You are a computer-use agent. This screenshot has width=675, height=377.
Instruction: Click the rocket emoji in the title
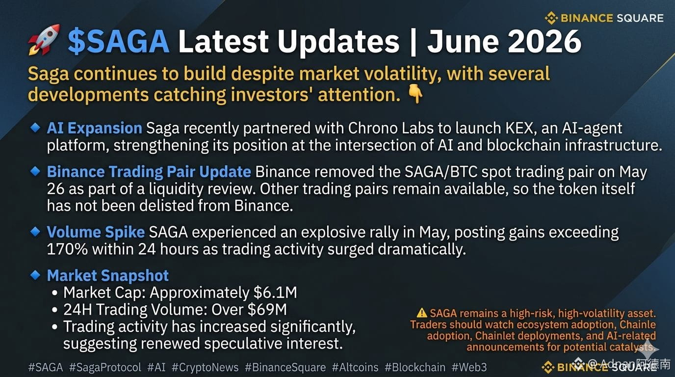click(44, 40)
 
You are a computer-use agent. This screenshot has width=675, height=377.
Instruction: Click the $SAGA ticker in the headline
click(118, 41)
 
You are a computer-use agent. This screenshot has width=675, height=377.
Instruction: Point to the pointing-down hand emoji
click(415, 94)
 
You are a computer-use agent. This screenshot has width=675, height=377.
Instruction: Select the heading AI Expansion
click(94, 128)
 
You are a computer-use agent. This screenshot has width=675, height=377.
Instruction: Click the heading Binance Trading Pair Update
click(149, 172)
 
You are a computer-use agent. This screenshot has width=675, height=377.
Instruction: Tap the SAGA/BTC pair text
click(441, 172)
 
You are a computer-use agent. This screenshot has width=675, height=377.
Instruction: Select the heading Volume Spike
click(96, 232)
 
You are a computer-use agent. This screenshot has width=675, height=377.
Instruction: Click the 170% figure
click(67, 249)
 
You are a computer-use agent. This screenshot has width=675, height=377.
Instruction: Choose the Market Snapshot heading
click(107, 275)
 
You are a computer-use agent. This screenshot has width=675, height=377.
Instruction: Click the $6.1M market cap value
click(275, 292)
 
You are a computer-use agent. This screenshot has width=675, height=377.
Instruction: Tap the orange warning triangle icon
click(422, 313)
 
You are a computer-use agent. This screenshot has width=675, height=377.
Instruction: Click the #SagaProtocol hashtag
click(105, 367)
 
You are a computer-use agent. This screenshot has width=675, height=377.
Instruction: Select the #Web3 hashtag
click(469, 367)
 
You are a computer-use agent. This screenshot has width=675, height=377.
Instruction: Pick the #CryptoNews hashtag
click(205, 367)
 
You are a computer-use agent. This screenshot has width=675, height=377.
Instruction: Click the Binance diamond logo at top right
click(551, 18)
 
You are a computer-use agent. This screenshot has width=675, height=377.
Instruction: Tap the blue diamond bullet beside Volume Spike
click(35, 232)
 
